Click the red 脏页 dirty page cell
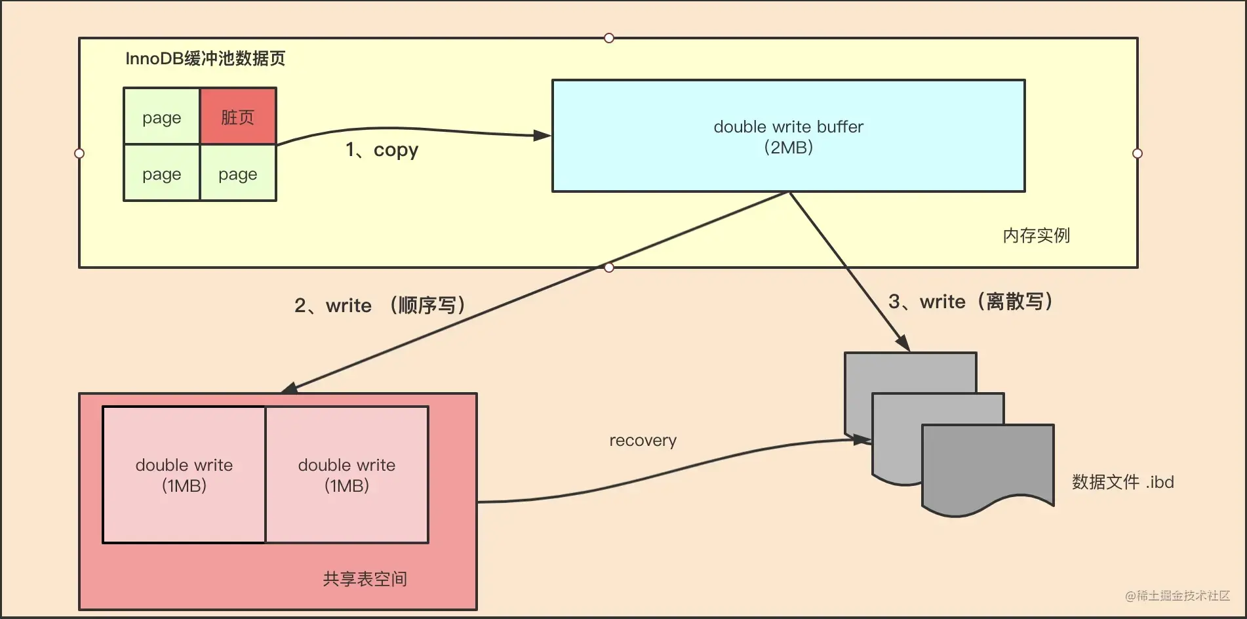point(238,117)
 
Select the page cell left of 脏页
point(161,117)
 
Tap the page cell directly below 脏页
point(238,174)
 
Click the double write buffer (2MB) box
point(788,136)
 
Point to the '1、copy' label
point(382,150)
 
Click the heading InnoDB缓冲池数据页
point(205,58)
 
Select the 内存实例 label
point(1036,235)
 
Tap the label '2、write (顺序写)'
point(380,305)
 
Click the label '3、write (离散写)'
point(970,302)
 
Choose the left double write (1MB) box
point(184,475)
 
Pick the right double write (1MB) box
point(347,475)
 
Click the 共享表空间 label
point(365,579)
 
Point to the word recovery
point(643,441)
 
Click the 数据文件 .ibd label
point(1122,482)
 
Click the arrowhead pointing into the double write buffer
point(543,136)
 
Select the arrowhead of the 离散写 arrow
point(903,342)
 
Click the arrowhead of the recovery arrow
point(861,439)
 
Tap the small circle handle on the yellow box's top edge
point(609,38)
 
